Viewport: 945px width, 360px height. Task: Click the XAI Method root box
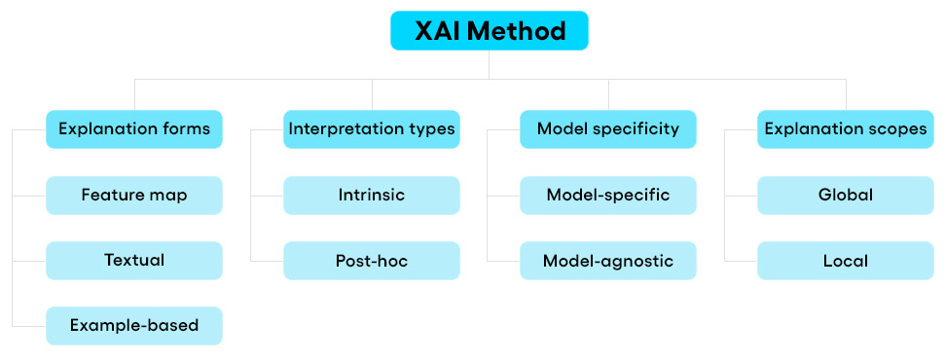click(489, 31)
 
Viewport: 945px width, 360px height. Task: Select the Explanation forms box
click(134, 129)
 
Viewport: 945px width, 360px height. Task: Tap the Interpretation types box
click(371, 129)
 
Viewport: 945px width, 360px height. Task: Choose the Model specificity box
click(608, 129)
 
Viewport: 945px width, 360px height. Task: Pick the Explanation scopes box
click(846, 129)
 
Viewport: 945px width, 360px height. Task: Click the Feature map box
click(134, 196)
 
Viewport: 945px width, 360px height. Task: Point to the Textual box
click(134, 261)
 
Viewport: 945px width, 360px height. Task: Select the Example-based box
click(134, 326)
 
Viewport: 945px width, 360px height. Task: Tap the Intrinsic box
click(371, 196)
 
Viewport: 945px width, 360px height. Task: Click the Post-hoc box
click(371, 261)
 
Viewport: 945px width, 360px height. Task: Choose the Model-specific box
click(608, 196)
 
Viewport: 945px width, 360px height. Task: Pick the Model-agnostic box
click(608, 261)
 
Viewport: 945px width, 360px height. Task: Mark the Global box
click(846, 196)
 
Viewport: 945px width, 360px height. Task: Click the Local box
click(846, 261)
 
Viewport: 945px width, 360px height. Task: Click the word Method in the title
click(517, 31)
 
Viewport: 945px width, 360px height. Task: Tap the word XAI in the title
click(438, 31)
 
